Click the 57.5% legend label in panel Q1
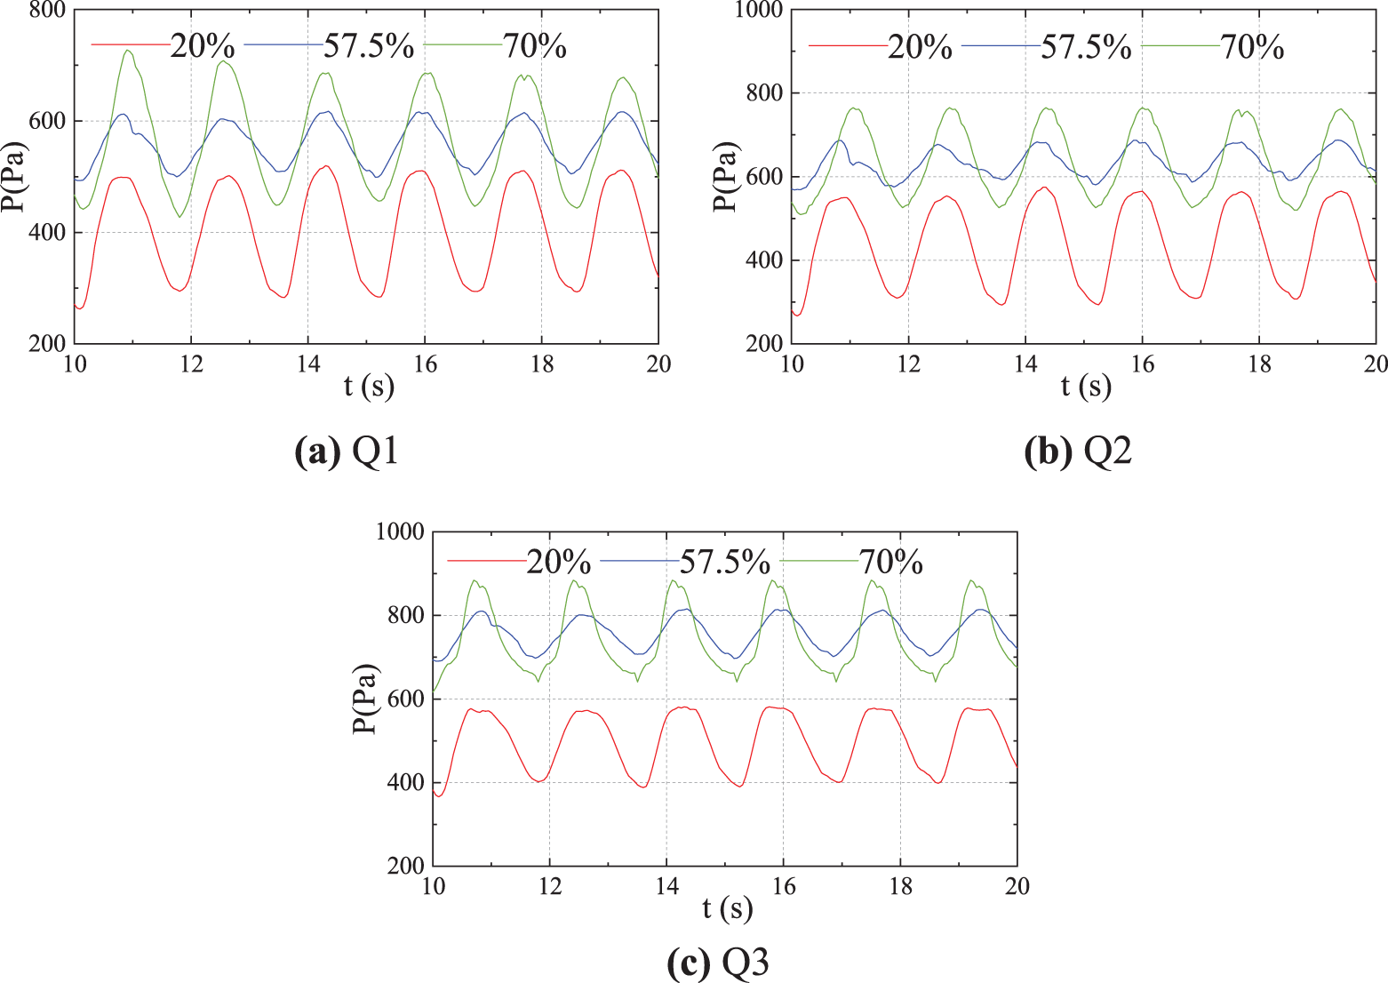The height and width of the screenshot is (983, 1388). click(368, 46)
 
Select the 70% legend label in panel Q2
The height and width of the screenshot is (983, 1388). click(1252, 46)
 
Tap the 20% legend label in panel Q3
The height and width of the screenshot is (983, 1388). click(558, 562)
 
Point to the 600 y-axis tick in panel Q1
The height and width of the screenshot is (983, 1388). click(50, 121)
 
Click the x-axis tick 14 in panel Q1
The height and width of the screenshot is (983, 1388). click(307, 364)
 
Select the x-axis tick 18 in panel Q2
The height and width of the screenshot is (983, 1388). click(1259, 364)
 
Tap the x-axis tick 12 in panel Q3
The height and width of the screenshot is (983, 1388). click(549, 886)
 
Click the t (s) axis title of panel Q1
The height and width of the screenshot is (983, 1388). click(369, 387)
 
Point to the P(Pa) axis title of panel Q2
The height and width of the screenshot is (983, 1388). click(727, 176)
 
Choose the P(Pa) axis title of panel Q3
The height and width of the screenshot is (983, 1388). click(363, 699)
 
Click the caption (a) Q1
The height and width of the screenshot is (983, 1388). click(346, 452)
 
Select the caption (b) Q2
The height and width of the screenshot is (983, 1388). click(1078, 452)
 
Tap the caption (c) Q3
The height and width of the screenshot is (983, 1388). click(717, 963)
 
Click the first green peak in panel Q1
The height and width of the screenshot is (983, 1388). click(128, 51)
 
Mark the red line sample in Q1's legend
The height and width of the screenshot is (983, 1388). click(130, 44)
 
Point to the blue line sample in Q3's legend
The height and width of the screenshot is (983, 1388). click(639, 560)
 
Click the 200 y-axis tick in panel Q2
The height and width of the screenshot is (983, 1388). click(765, 344)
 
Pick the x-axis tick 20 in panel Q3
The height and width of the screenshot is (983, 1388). click(1017, 886)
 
